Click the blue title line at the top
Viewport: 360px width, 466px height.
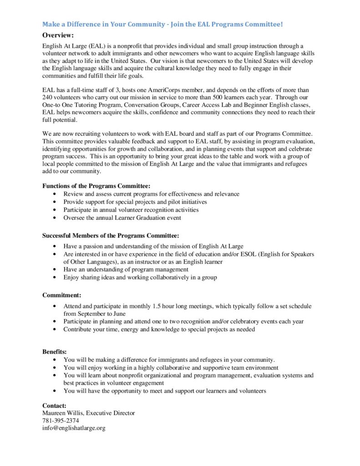point(162,24)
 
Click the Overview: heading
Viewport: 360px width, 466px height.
point(58,35)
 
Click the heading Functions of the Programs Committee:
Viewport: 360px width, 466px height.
point(96,186)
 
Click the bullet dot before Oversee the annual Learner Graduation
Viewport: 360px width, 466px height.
point(55,218)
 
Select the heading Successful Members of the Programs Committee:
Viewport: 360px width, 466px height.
point(111,235)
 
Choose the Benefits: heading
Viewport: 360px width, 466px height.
point(55,352)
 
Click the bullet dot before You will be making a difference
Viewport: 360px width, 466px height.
point(55,360)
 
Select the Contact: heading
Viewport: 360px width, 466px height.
point(54,405)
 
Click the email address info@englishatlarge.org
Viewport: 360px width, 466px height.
point(74,428)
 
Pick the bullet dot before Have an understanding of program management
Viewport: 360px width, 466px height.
point(55,270)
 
